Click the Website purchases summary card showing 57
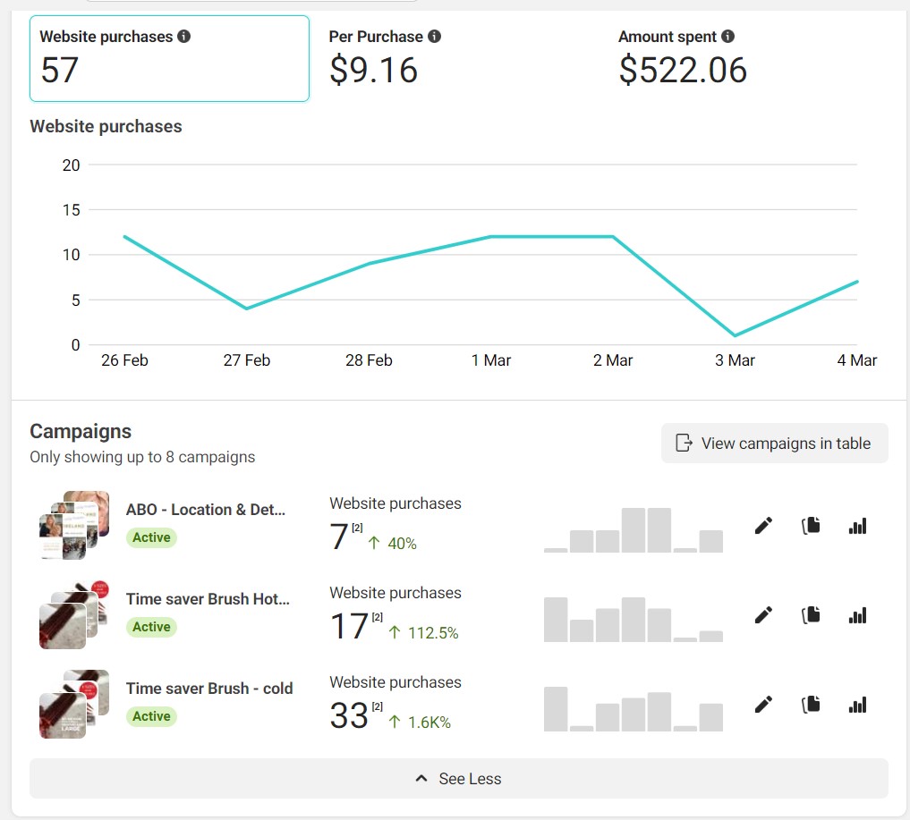[169, 58]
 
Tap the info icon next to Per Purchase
[434, 37]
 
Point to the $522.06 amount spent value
[683, 70]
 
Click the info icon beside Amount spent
[727, 37]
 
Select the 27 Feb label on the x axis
[246, 360]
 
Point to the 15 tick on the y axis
[71, 210]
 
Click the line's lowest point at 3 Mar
[735, 335]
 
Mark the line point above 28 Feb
[369, 264]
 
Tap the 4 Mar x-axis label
[857, 360]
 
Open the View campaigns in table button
[774, 443]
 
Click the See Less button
[458, 778]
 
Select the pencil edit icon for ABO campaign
[763, 526]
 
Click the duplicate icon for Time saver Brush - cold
[811, 705]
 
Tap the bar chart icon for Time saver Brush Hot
[857, 615]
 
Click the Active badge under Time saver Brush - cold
[151, 716]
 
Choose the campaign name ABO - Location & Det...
[206, 510]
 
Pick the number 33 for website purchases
[349, 715]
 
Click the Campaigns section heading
[81, 431]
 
